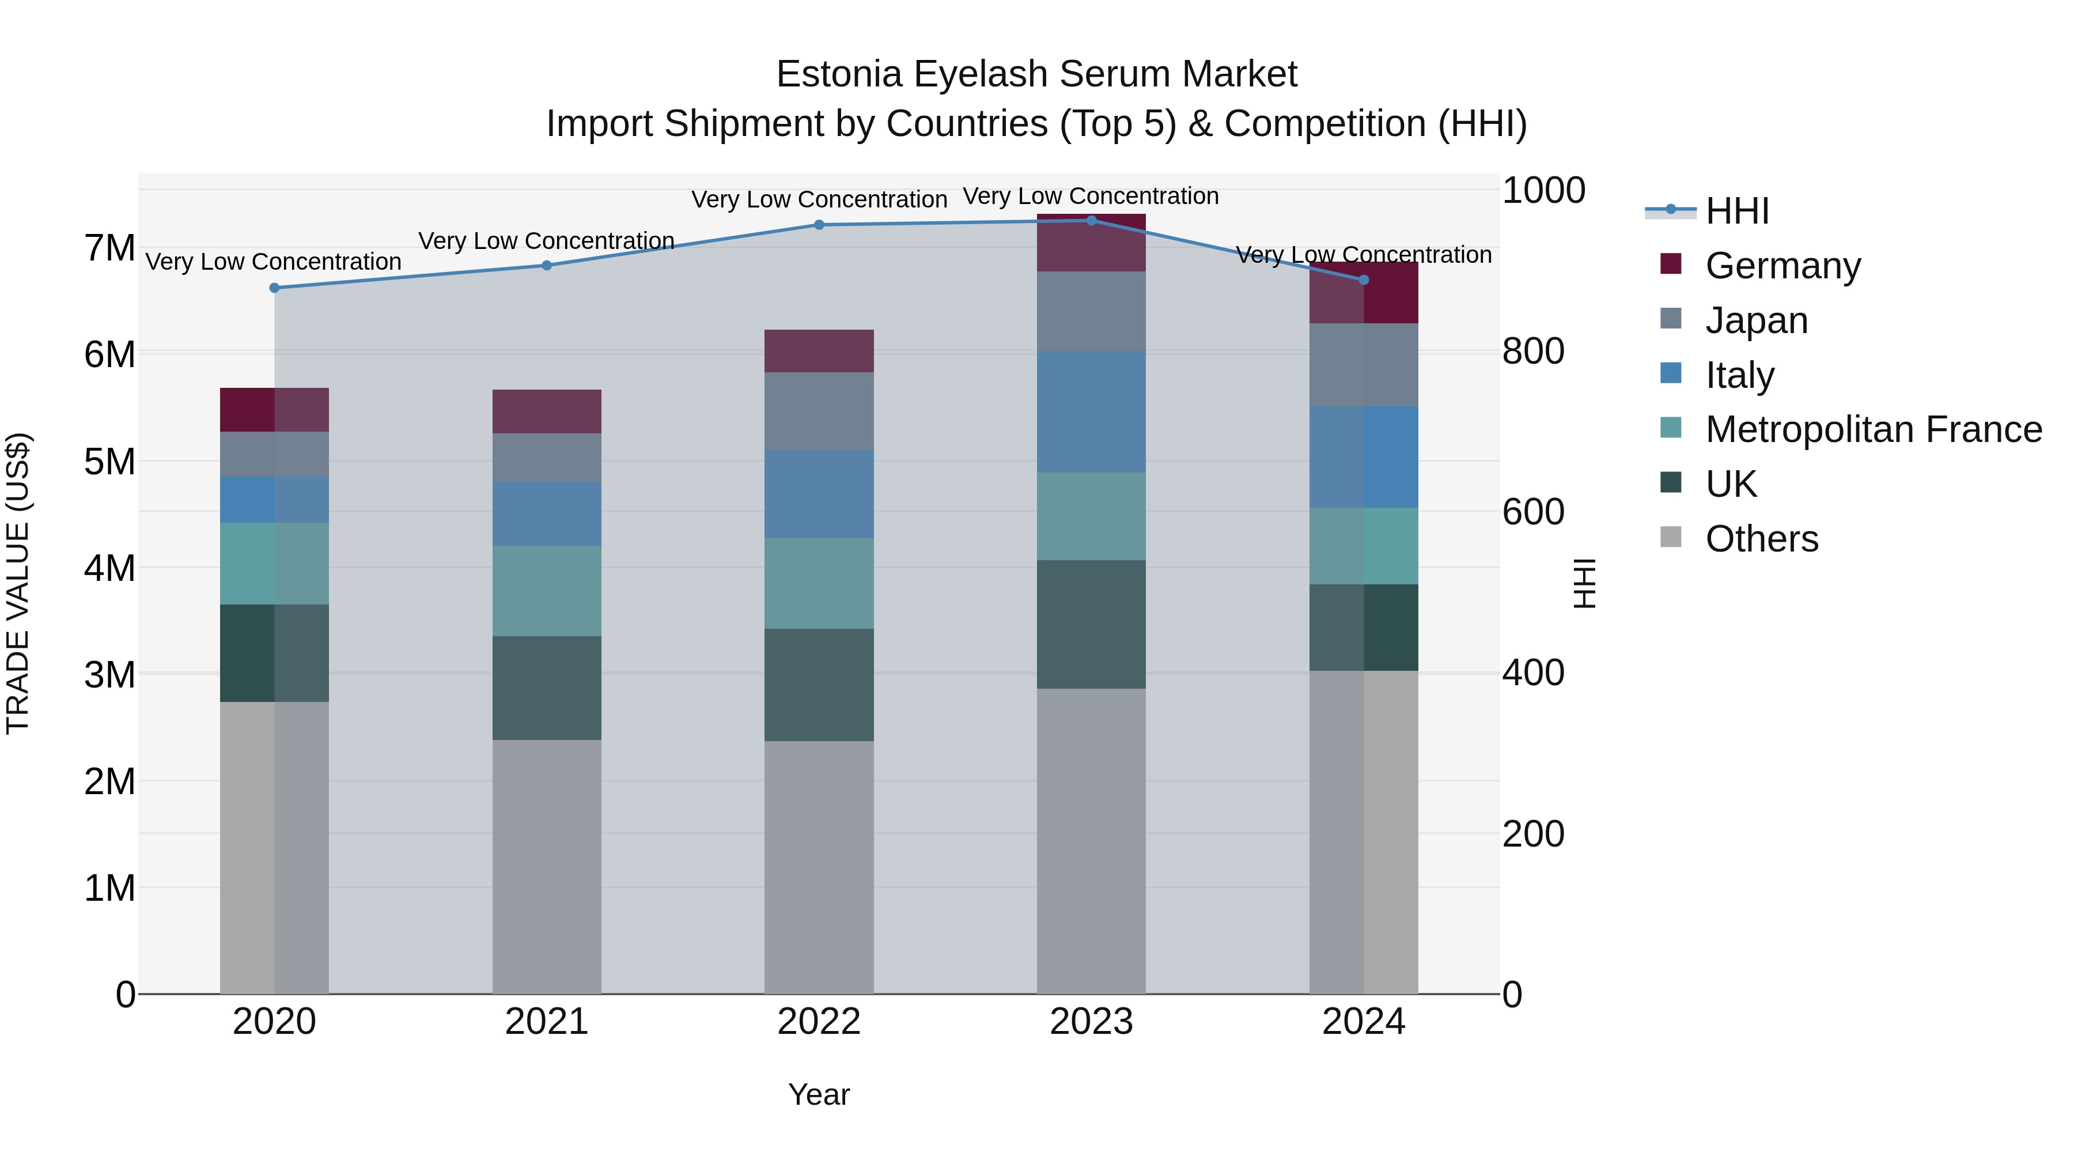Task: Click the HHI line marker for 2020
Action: pyautogui.click(x=275, y=288)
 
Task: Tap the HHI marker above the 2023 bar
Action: pyautogui.click(x=1092, y=220)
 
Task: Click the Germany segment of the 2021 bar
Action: pyautogui.click(x=547, y=411)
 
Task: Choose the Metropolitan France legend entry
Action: pyautogui.click(x=1873, y=429)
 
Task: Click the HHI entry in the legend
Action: pyautogui.click(x=1736, y=211)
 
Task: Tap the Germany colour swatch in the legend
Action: pyautogui.click(x=1671, y=264)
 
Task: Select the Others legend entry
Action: pyautogui.click(x=1761, y=539)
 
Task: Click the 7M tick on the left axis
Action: pyautogui.click(x=110, y=248)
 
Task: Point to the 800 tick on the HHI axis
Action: pyautogui.click(x=1533, y=351)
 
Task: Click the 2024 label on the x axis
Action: pyautogui.click(x=1363, y=1022)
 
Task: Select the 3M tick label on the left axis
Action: pyautogui.click(x=110, y=674)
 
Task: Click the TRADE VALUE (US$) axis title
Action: pyautogui.click(x=18, y=583)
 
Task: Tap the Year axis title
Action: pyautogui.click(x=819, y=1094)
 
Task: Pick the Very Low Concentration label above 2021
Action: pyautogui.click(x=547, y=241)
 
